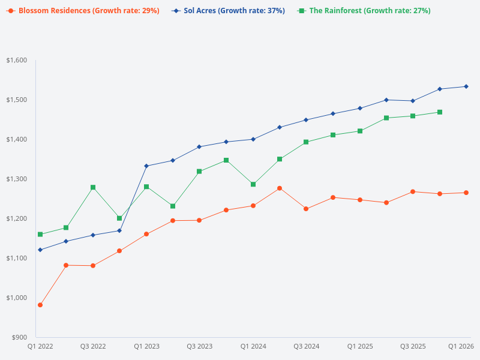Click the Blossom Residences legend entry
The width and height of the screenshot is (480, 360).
point(84,11)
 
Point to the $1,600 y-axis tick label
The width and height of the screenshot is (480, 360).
point(17,60)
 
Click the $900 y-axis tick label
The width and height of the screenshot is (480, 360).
point(19,337)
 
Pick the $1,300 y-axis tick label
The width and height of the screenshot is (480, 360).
point(17,179)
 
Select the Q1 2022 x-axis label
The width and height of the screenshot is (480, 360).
point(40,346)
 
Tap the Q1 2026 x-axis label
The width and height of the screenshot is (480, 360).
point(461,346)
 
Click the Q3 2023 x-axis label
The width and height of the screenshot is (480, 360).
point(199,346)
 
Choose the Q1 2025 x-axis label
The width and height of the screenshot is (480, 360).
point(360,346)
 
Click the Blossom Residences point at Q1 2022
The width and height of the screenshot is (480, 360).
point(40,305)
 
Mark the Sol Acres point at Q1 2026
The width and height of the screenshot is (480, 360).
point(466,86)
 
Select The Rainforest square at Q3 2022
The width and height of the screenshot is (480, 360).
point(93,187)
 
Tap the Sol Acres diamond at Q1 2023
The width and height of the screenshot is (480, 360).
point(146,166)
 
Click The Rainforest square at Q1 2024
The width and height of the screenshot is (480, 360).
point(253,184)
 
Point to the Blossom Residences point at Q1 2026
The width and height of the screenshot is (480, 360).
point(466,193)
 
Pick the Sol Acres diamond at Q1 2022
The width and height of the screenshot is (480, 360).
point(40,250)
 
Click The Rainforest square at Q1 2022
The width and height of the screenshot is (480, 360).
point(40,234)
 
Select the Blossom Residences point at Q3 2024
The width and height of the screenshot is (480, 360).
point(306,209)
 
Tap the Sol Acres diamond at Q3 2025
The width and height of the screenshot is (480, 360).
point(413,101)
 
